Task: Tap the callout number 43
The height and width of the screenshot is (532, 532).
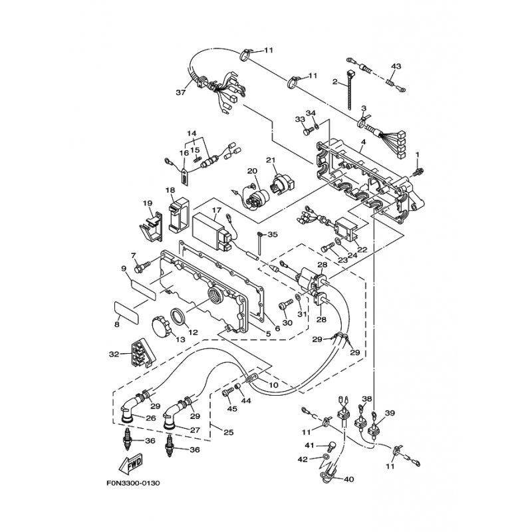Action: [396, 66]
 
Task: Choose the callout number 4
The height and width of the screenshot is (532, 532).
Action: [363, 144]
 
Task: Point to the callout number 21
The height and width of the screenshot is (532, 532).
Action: [271, 160]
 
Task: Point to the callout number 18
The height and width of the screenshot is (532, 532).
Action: [170, 190]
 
